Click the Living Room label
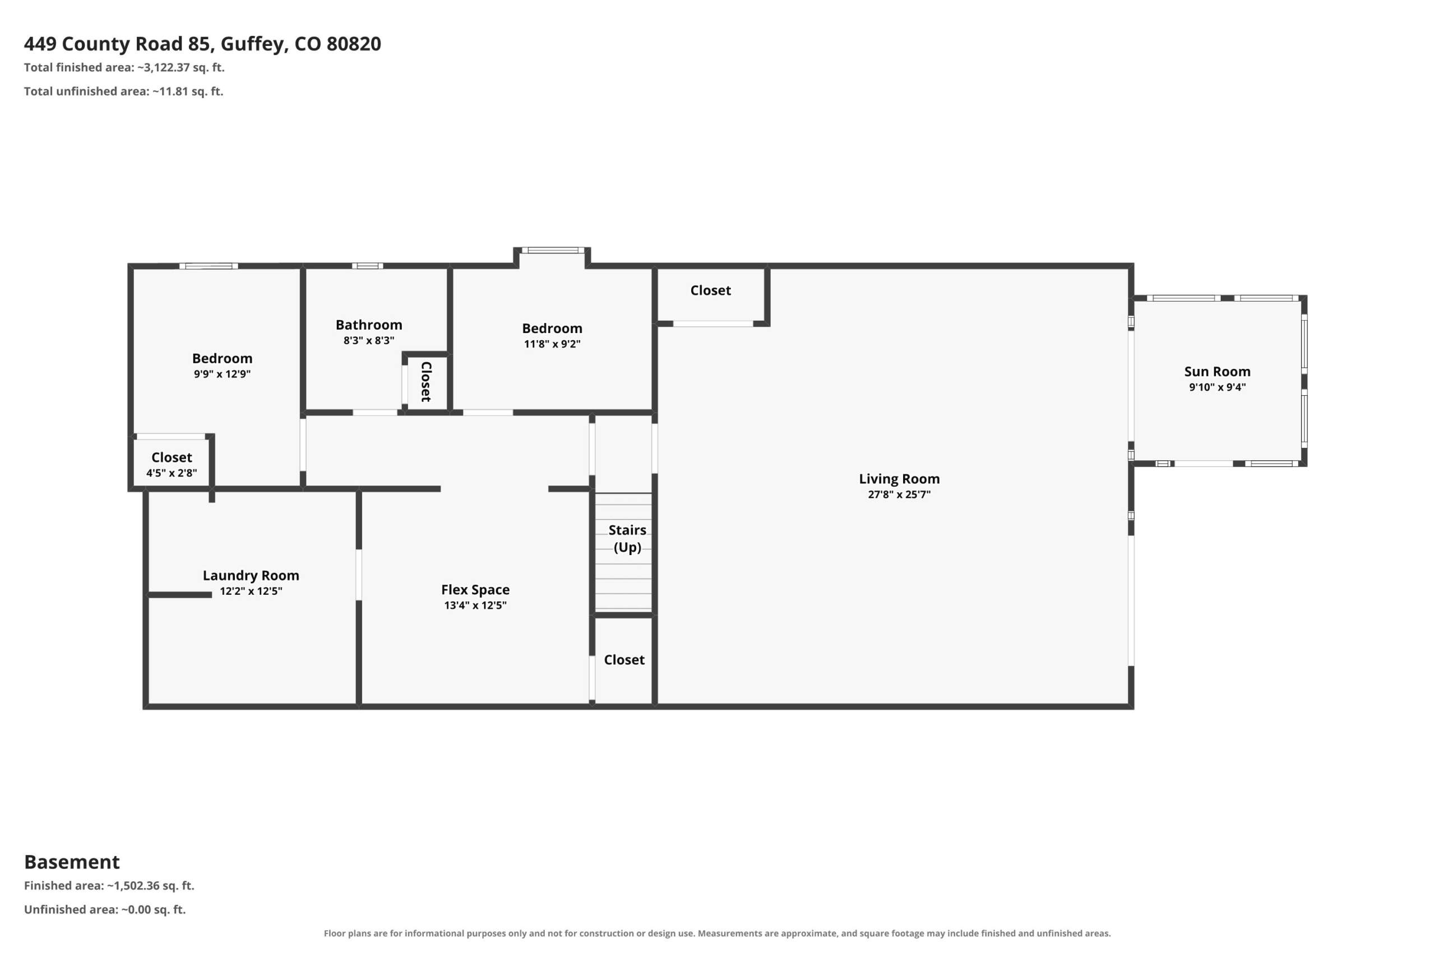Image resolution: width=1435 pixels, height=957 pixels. (899, 479)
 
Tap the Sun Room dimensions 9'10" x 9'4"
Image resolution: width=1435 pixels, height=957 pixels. (1216, 387)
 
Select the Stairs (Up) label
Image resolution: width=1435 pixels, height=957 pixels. (627, 538)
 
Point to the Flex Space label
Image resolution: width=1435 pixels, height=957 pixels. (475, 590)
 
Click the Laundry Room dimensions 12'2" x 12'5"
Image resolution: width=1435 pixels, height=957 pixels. (251, 591)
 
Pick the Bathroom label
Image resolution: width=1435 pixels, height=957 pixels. (368, 325)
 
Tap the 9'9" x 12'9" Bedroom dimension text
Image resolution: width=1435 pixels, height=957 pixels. (222, 374)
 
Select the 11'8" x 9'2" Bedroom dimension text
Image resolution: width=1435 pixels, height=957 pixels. (552, 344)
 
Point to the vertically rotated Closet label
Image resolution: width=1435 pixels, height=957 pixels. (427, 381)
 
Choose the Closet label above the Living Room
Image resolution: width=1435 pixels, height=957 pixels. (710, 290)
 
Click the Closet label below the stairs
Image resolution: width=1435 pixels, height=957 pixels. (624, 660)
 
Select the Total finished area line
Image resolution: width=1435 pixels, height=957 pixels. (124, 68)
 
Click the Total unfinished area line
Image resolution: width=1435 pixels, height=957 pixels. (124, 91)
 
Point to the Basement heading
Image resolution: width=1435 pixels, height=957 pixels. (72, 862)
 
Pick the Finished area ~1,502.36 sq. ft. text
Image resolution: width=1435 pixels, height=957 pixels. (109, 886)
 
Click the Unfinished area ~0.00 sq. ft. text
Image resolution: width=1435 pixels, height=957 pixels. (105, 909)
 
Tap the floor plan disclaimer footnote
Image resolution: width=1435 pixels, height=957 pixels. (717, 933)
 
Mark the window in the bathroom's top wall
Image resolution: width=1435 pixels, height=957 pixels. (367, 266)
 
